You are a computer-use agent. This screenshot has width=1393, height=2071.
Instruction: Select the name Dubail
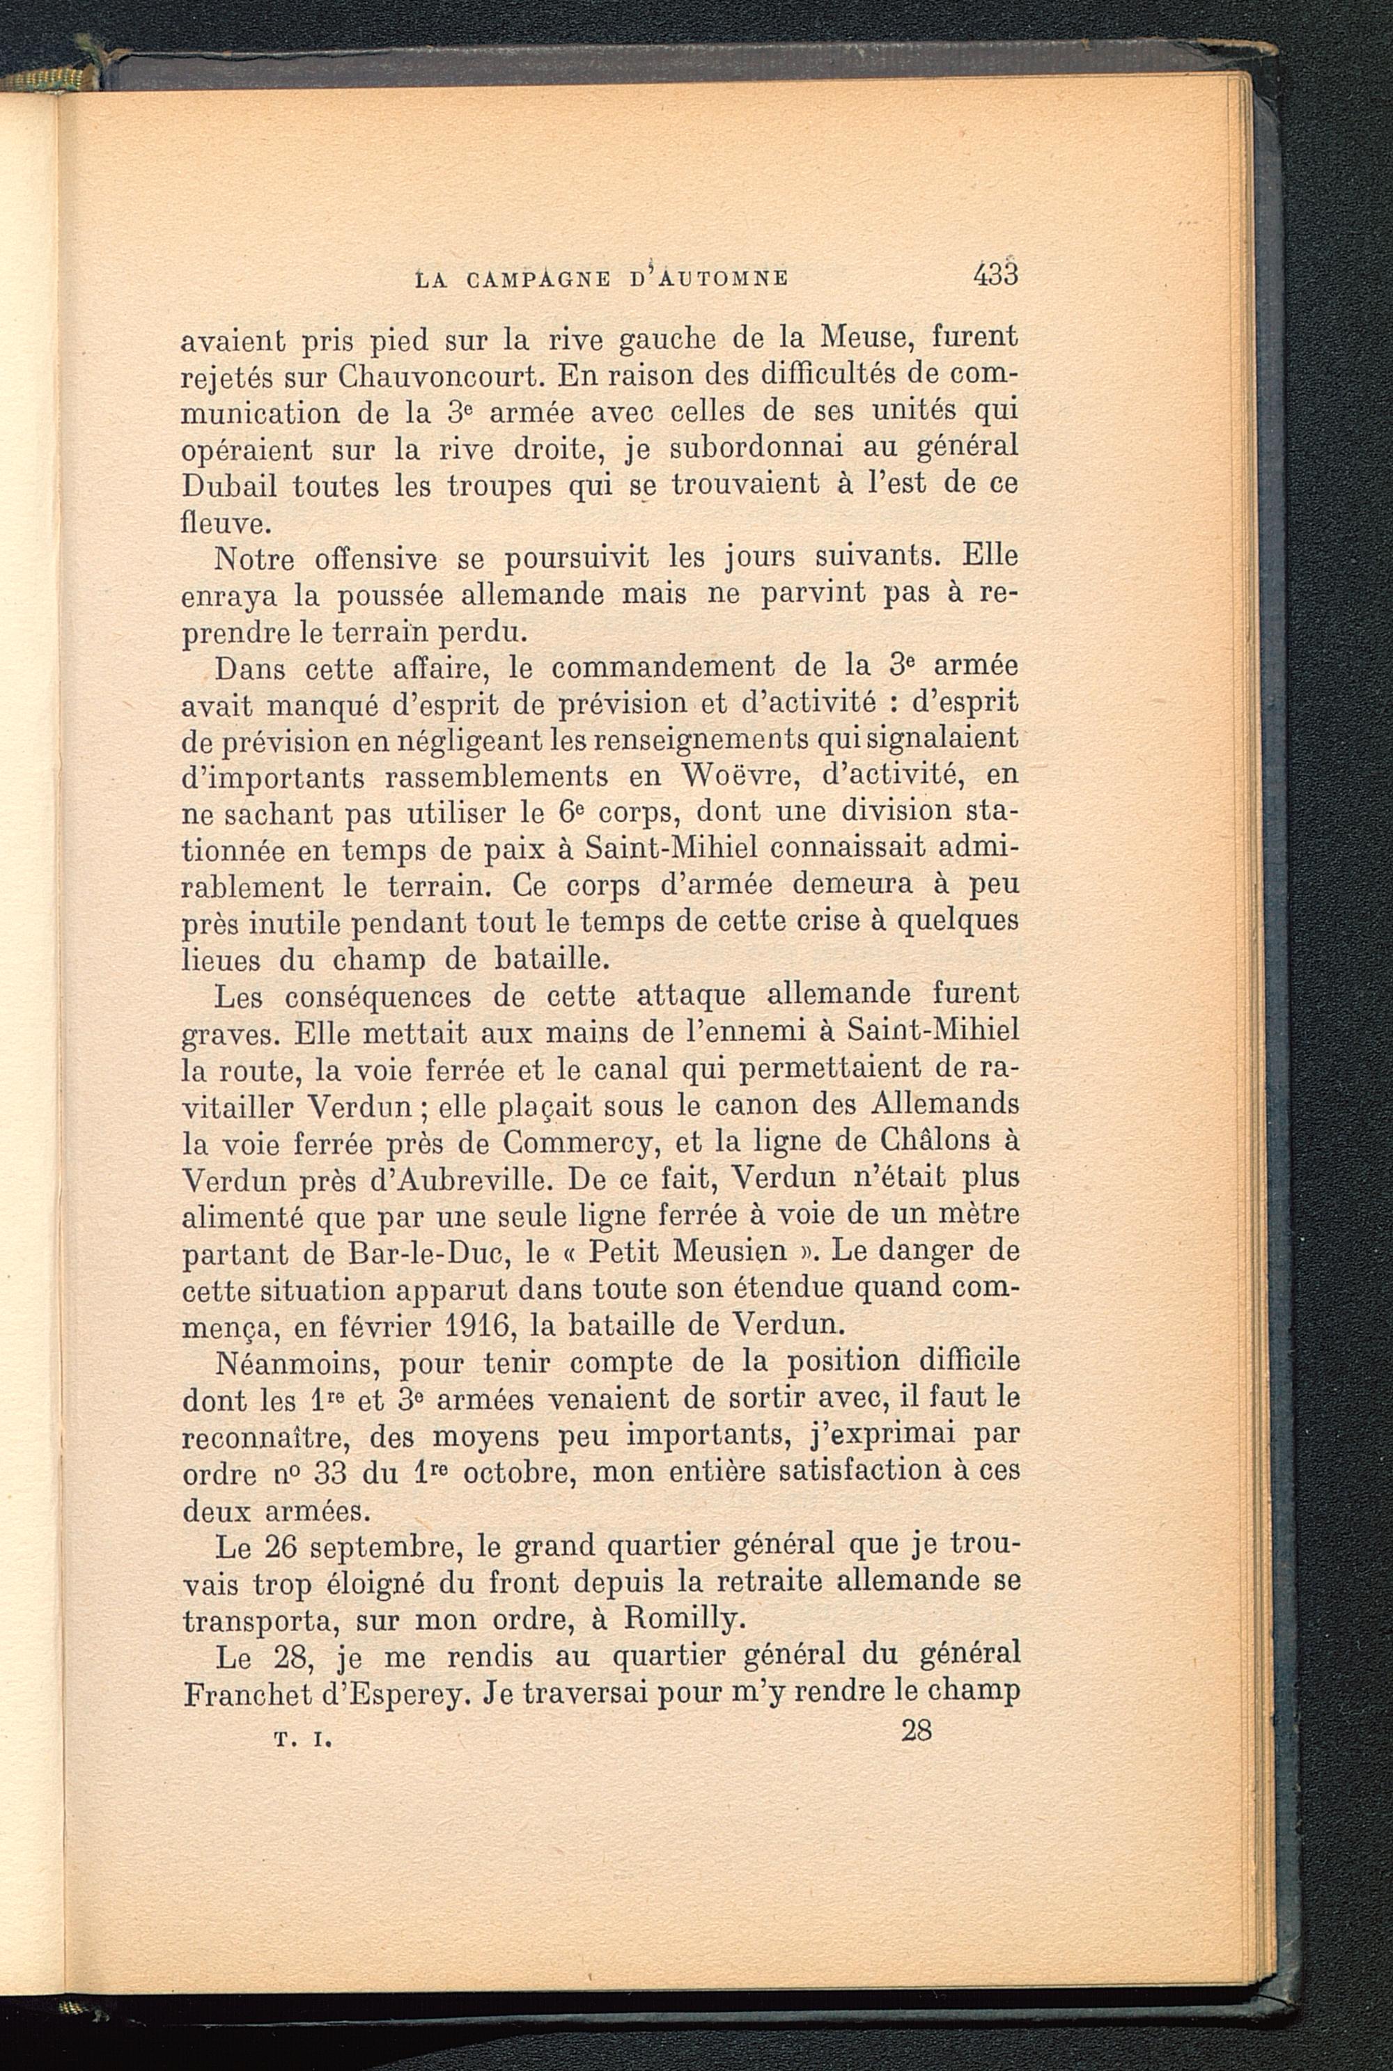coord(229,486)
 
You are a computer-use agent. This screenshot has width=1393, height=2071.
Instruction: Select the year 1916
coord(474,1325)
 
